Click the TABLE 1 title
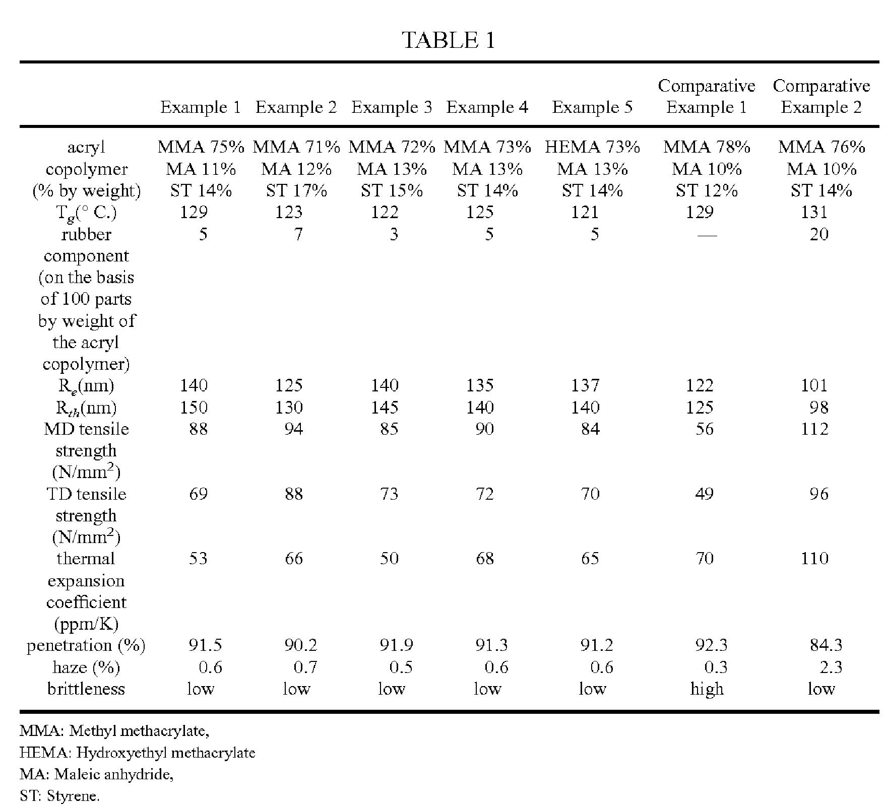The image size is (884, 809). click(x=449, y=40)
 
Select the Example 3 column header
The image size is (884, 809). click(x=392, y=107)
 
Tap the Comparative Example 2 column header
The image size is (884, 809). click(x=822, y=96)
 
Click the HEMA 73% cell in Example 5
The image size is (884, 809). click(x=592, y=147)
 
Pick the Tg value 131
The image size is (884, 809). click(x=814, y=212)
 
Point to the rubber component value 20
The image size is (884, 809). click(x=819, y=234)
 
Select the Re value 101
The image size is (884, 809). click(x=814, y=385)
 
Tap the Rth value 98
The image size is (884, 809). click(x=819, y=407)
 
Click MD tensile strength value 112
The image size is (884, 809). click(x=814, y=429)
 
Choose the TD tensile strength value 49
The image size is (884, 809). click(x=704, y=494)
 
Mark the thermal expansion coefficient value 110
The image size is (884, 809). click(x=814, y=558)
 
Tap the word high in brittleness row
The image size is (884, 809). click(x=707, y=689)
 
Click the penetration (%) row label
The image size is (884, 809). click(x=86, y=645)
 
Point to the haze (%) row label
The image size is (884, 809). click(x=86, y=667)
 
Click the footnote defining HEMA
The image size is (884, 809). click(x=138, y=753)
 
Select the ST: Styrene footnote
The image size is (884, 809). click(x=59, y=796)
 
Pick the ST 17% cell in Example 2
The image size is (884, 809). click(x=296, y=190)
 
